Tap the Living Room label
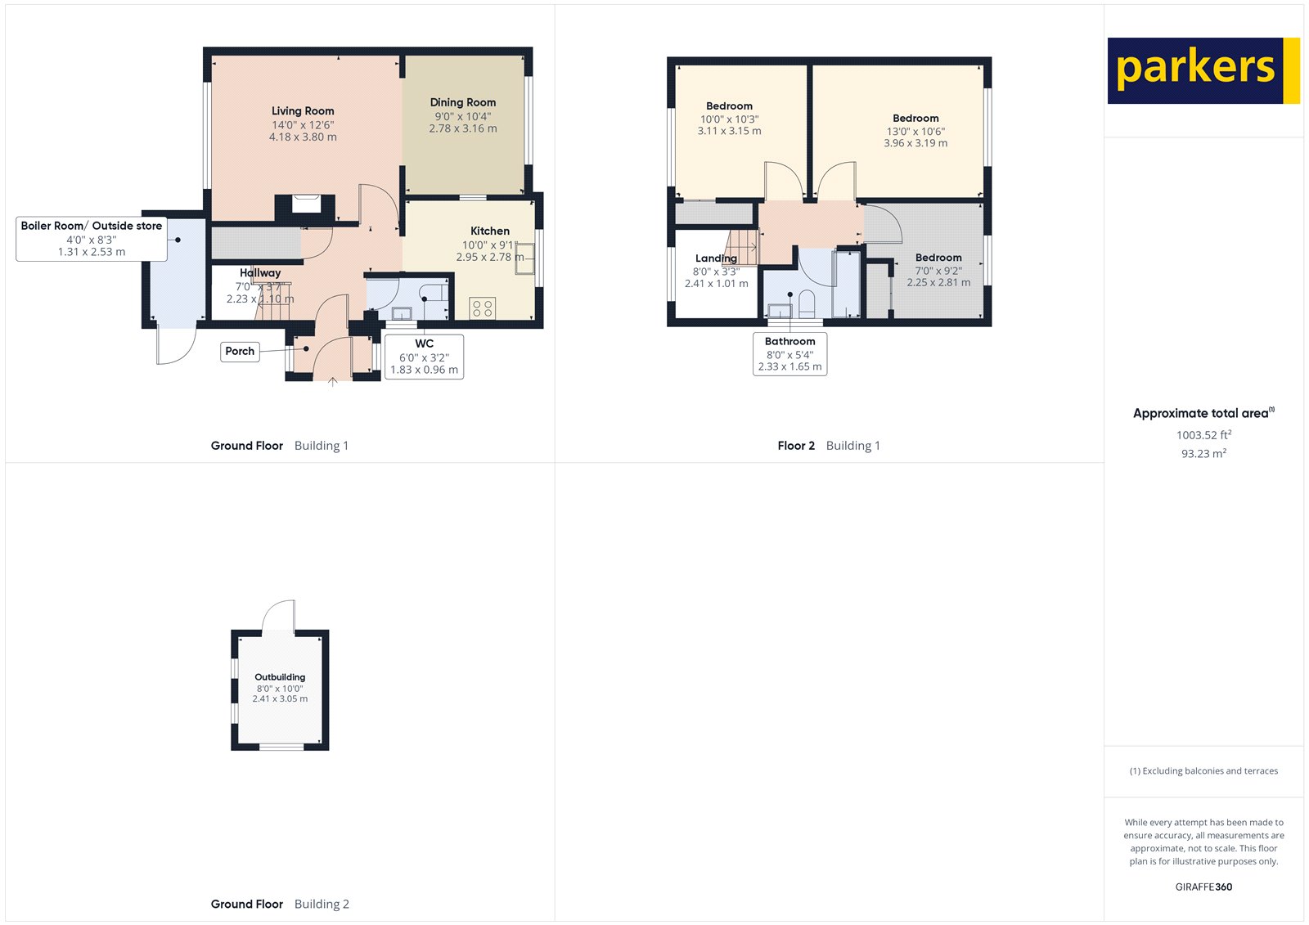303,111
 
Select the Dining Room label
463,102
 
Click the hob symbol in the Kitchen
483,308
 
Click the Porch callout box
240,352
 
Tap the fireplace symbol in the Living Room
306,203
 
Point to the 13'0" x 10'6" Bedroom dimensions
915,132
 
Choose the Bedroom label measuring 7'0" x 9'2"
938,258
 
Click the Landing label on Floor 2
716,258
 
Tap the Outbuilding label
280,677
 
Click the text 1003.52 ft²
1203,435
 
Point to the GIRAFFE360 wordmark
1203,887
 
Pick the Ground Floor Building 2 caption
280,904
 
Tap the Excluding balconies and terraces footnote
1203,770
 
